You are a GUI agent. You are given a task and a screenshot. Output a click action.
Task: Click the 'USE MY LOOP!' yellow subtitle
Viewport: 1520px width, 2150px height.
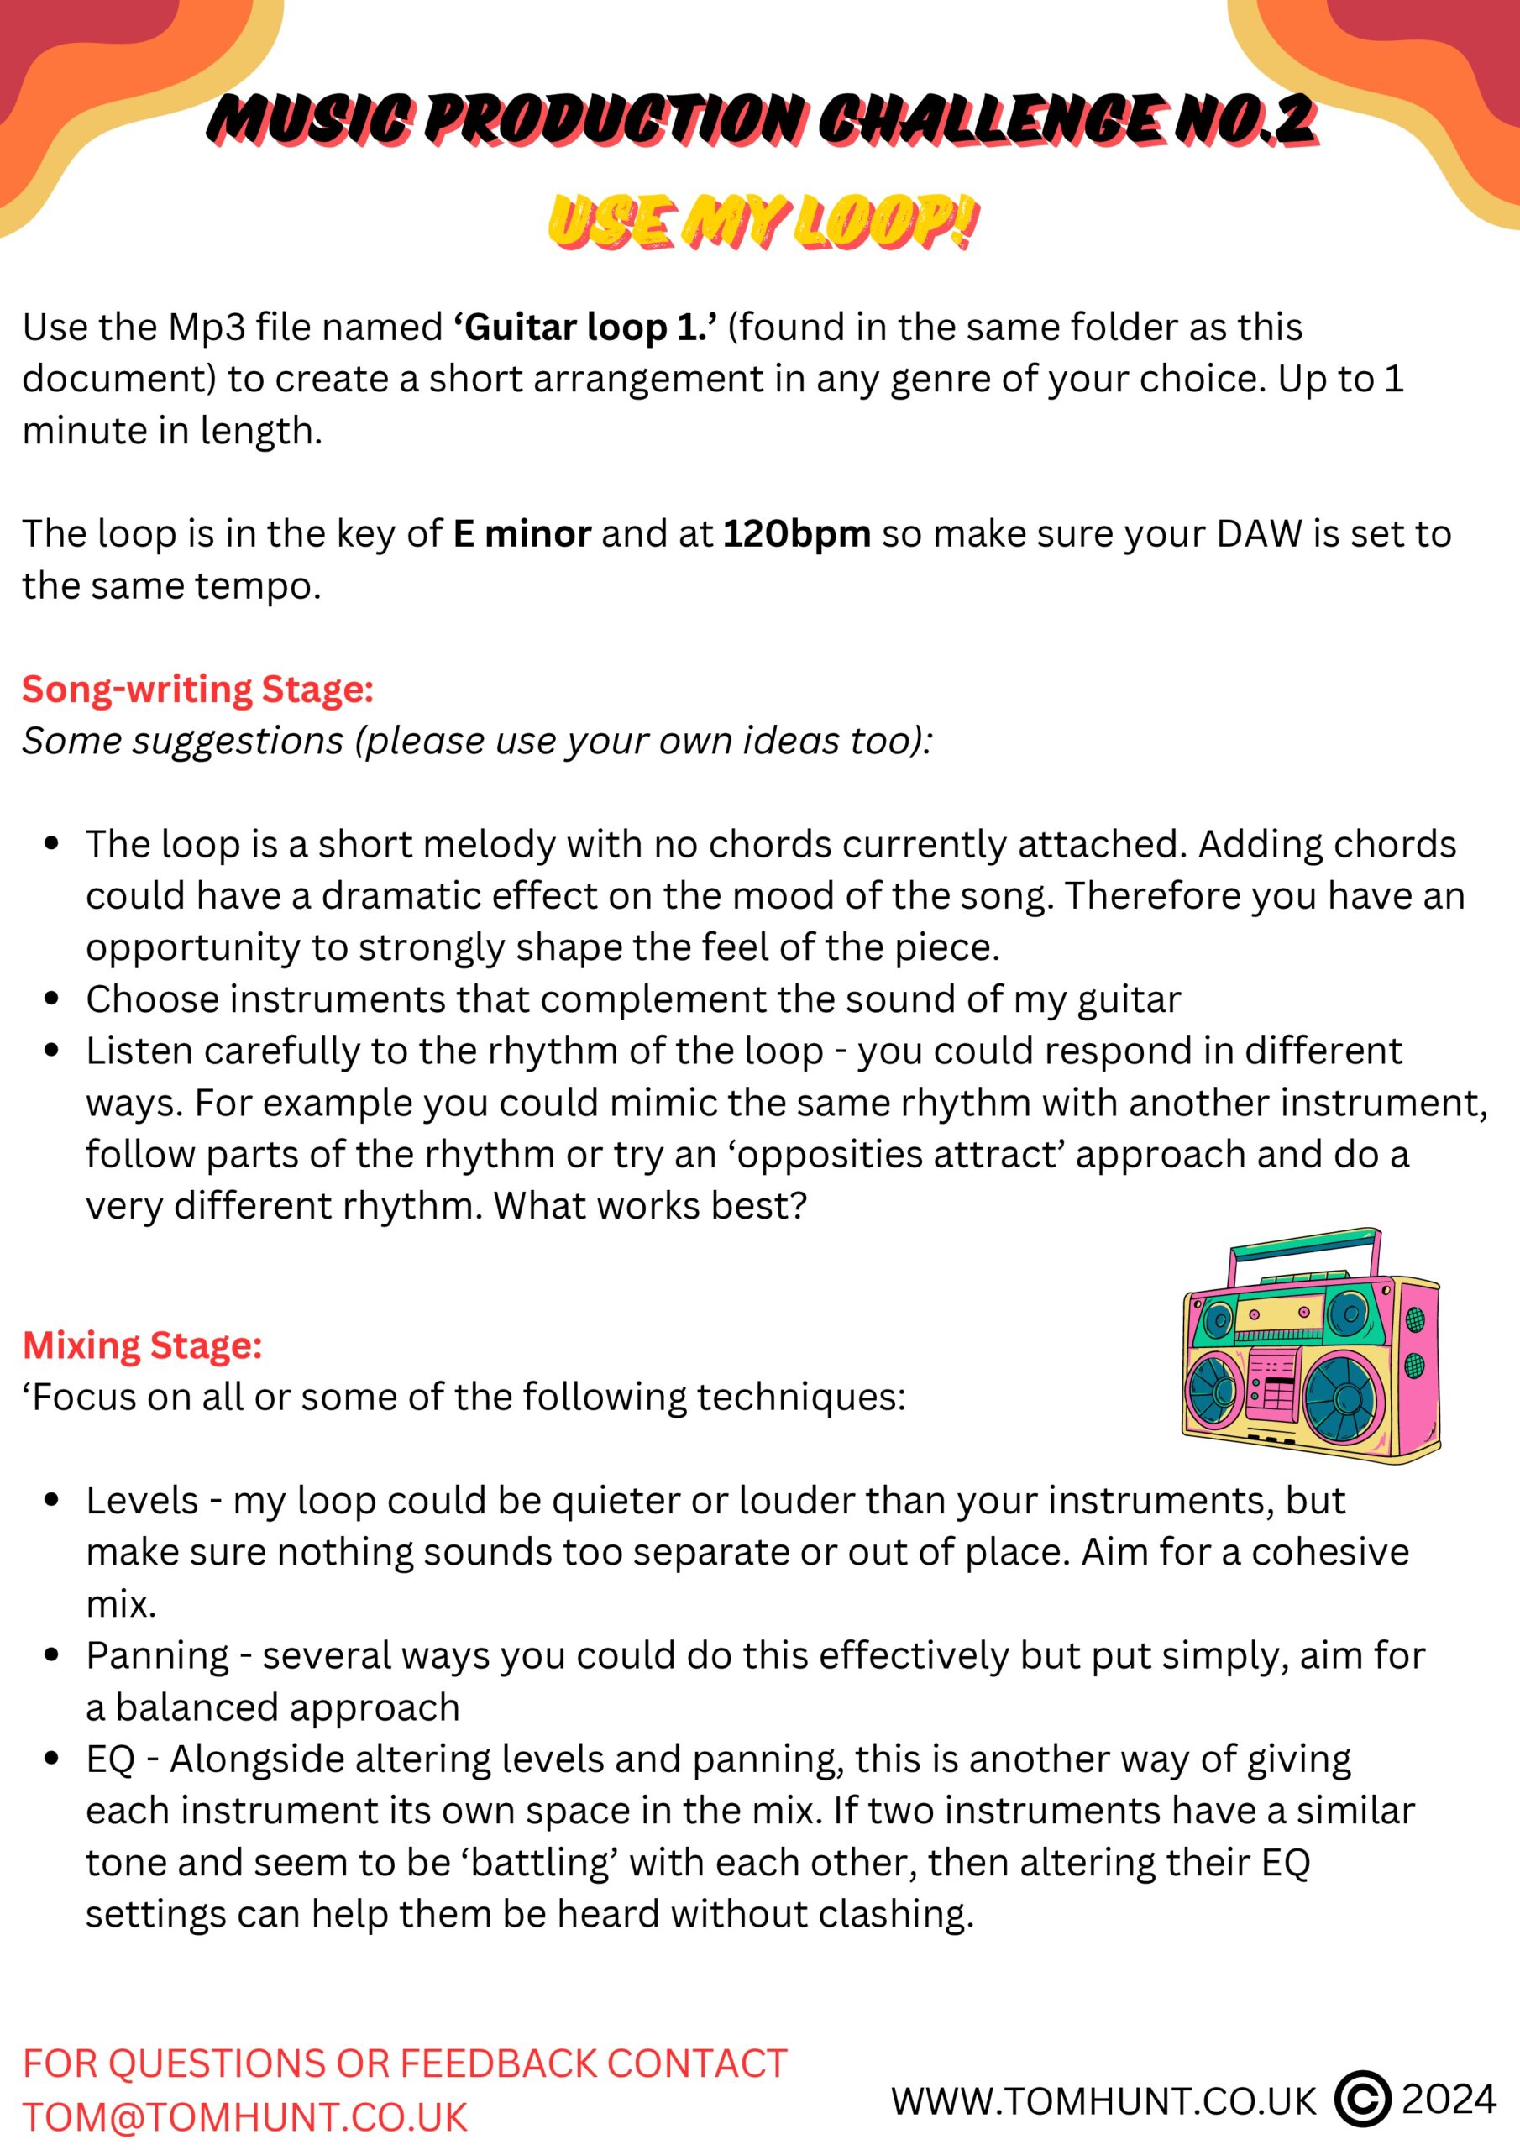763,222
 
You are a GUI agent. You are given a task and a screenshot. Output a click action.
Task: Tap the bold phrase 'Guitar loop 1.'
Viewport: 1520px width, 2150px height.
586,328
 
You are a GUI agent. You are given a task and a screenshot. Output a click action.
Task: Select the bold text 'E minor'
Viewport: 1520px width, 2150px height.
522,534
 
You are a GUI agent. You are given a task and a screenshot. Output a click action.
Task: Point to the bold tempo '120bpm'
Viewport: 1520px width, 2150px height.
797,534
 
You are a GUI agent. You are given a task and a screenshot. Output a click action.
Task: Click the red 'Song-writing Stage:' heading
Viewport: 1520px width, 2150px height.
197,690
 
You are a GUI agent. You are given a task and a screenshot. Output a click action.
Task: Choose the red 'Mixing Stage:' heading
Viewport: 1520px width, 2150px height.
143,1345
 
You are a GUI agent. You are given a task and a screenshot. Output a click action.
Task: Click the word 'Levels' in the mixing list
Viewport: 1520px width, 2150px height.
143,1501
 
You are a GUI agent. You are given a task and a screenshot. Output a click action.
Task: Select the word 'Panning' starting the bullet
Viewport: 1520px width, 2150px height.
157,1656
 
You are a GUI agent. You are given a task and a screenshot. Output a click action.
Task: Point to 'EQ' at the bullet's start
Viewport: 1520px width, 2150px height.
112,1759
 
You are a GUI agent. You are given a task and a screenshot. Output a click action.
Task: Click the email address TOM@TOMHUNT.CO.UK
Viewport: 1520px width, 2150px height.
244,2117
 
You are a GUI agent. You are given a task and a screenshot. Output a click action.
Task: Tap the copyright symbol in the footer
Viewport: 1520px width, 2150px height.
1363,2100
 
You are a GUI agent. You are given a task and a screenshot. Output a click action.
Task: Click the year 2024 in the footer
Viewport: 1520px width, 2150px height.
1449,2100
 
